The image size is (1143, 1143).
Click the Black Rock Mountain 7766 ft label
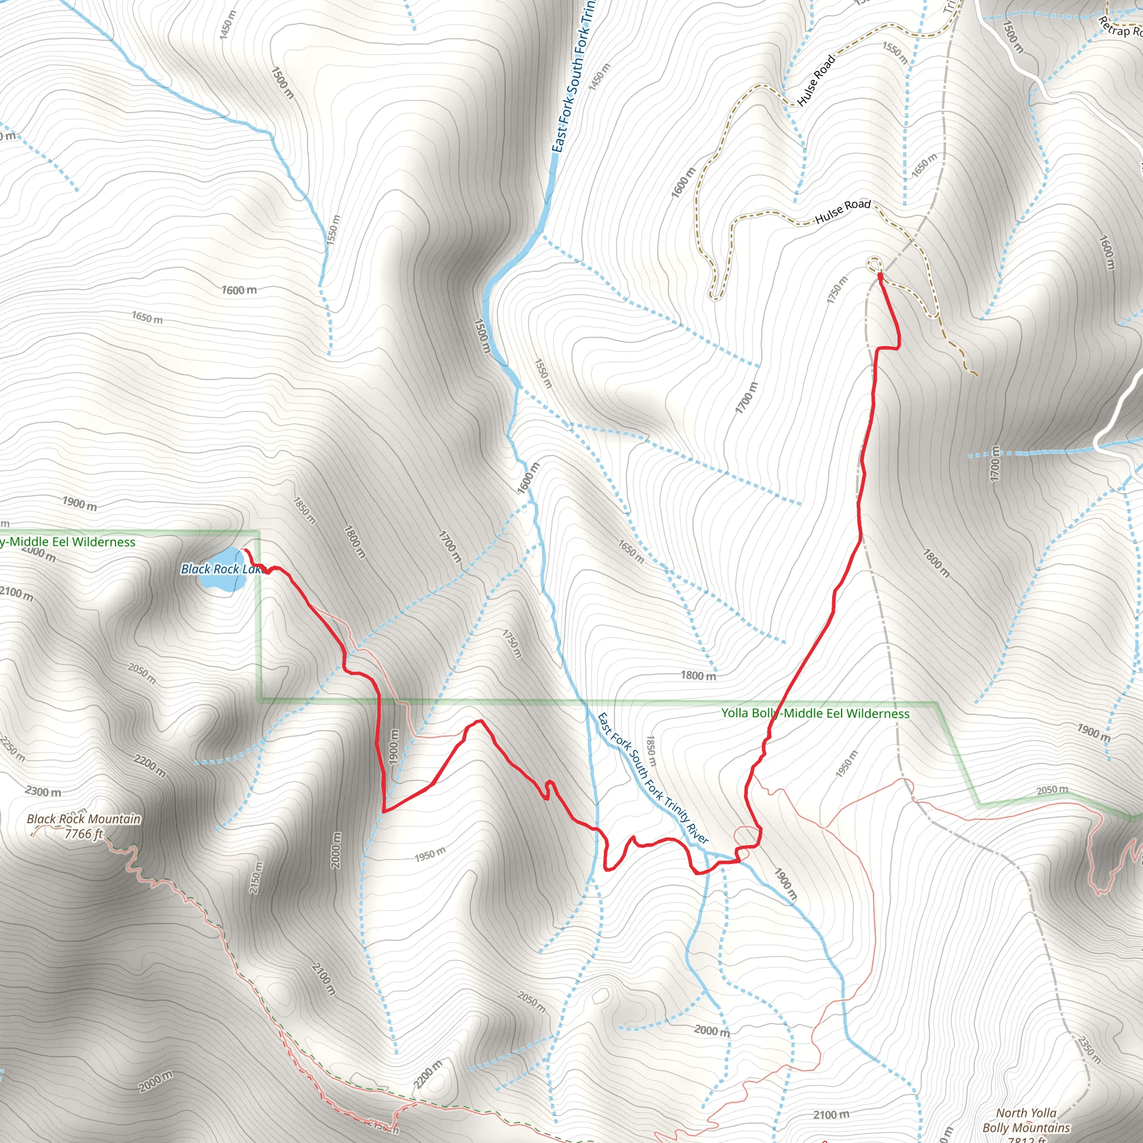click(84, 827)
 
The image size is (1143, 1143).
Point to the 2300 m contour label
click(43, 791)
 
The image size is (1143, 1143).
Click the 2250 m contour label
click(12, 749)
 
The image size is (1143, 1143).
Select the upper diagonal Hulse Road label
click(816, 80)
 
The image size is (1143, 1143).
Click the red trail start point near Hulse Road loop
click(880, 275)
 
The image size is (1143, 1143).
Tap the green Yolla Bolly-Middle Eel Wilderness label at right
click(815, 713)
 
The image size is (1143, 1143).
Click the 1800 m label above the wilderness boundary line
click(698, 676)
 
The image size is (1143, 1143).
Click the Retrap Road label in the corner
click(1120, 27)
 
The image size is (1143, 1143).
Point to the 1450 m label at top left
click(228, 26)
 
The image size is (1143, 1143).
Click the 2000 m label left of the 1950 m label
click(336, 850)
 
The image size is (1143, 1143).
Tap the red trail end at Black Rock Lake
click(245, 550)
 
